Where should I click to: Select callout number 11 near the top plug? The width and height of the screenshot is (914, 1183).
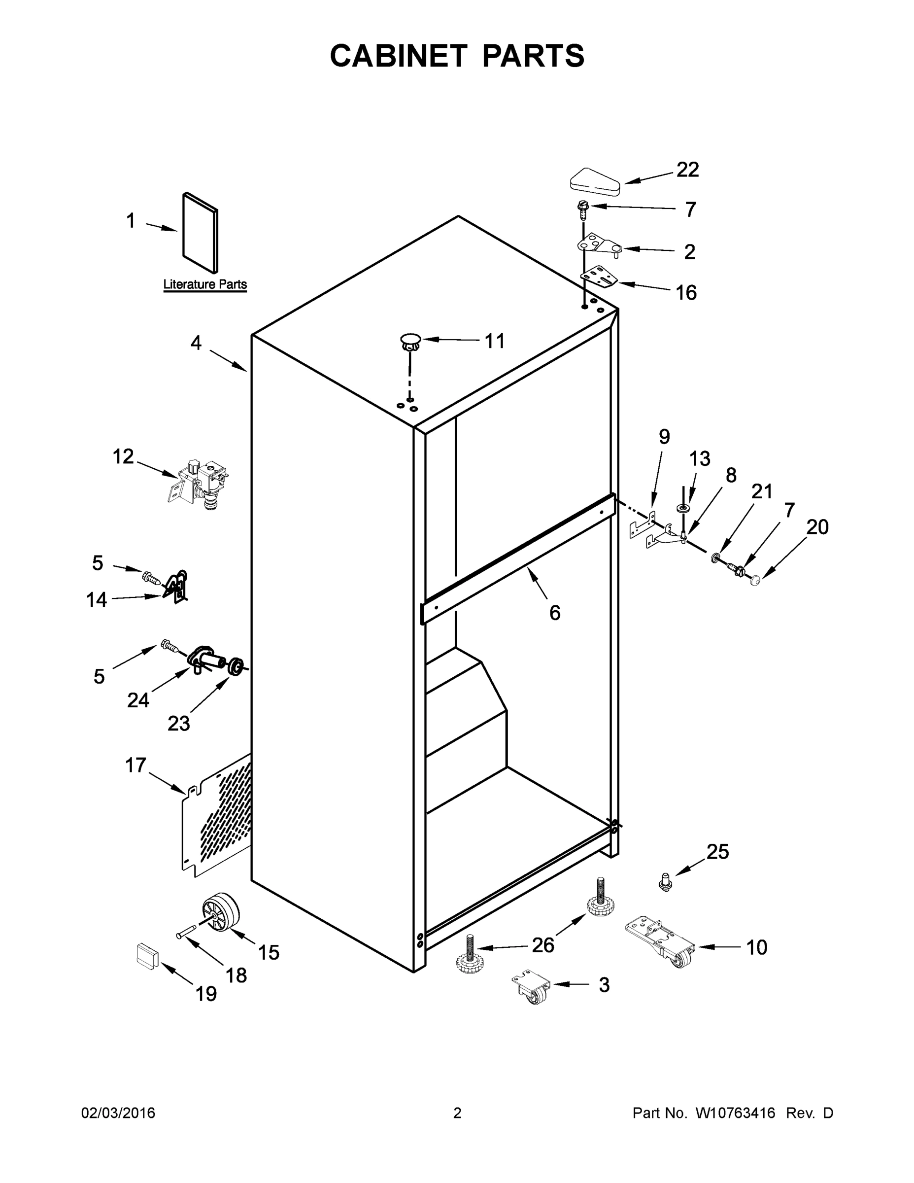tap(494, 341)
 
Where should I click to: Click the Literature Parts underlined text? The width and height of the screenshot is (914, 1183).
tap(204, 284)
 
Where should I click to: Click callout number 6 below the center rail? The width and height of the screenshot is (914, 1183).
tap(554, 613)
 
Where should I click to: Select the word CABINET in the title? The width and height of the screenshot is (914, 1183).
tap(398, 56)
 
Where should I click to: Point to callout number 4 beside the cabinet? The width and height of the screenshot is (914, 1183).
tap(196, 343)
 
